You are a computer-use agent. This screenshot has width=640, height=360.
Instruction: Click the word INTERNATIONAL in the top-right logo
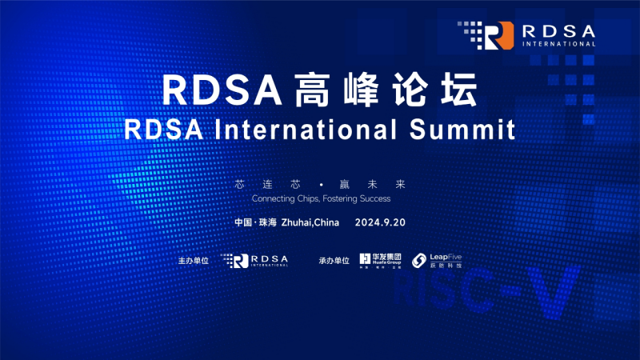pos(558,44)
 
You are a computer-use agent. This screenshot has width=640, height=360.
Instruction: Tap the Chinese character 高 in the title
pos(307,90)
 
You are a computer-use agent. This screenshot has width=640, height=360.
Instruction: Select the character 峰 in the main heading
pos(363,90)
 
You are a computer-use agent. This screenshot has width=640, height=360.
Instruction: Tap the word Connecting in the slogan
pos(274,198)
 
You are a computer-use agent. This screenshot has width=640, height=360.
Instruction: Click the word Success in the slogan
pos(374,198)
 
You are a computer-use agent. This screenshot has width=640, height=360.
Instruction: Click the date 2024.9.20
pos(380,222)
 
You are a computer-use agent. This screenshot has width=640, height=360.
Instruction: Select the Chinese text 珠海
pos(267,222)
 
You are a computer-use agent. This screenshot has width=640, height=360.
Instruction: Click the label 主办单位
pos(193,261)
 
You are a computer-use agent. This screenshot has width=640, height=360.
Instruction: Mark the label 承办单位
pos(334,261)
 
